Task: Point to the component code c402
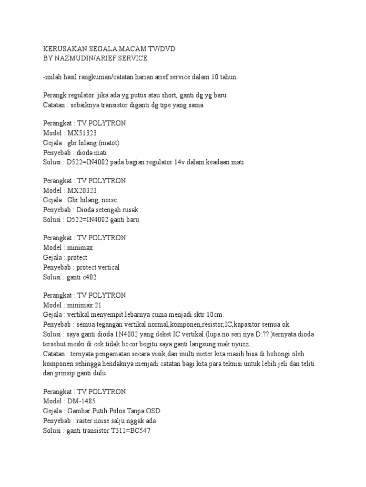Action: coord(92,277)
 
